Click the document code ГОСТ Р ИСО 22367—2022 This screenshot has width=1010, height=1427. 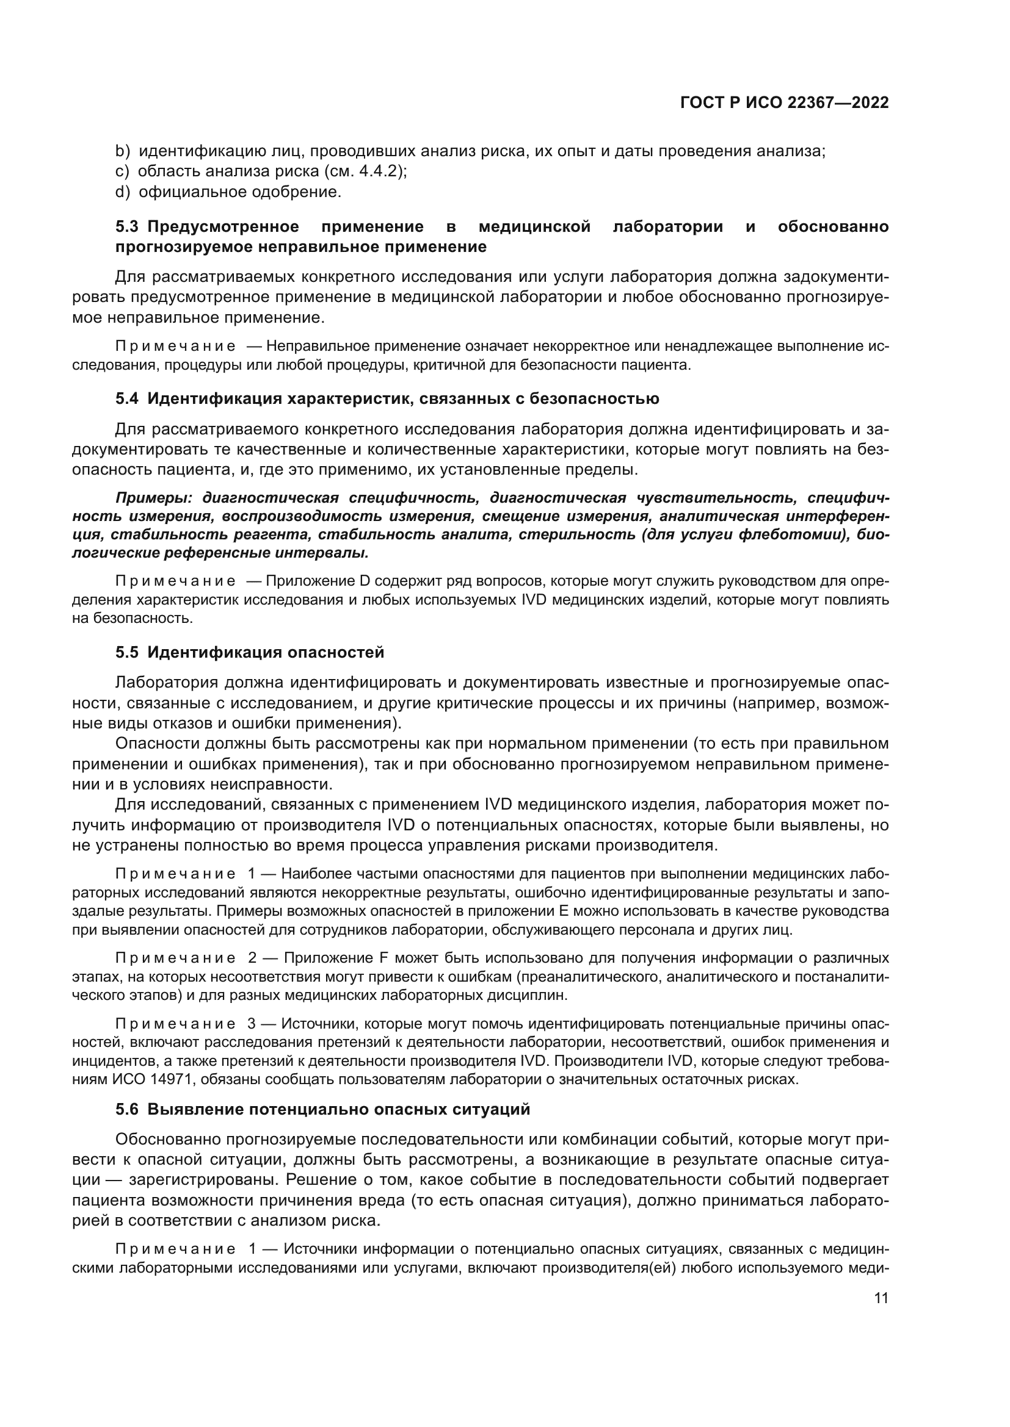coord(784,103)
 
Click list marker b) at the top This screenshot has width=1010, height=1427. coord(122,151)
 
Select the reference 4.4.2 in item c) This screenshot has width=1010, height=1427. coord(378,171)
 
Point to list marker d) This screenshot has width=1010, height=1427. coord(122,192)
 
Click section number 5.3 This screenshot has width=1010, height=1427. coord(128,227)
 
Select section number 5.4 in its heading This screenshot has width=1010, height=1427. coord(128,398)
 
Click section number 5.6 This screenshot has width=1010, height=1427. coord(128,1109)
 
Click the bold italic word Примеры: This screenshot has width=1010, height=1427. coord(156,498)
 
